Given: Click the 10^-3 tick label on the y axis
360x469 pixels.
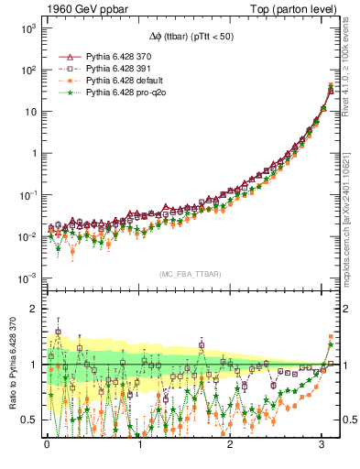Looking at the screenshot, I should point(27,278).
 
